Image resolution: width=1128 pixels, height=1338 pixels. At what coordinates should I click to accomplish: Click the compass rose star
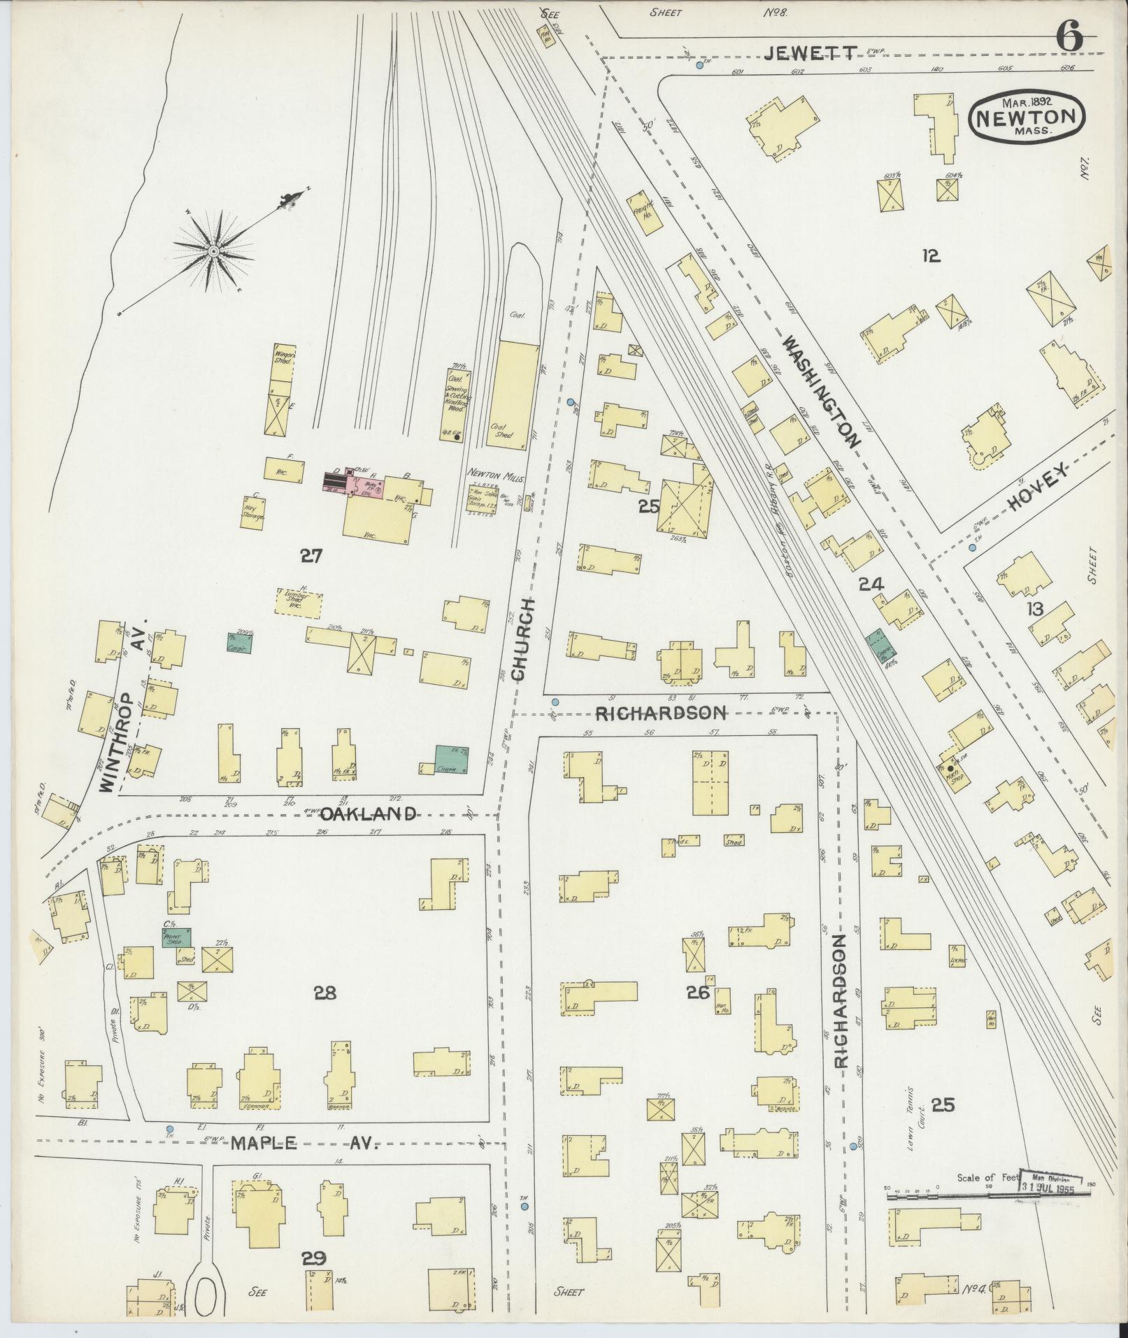pyautogui.click(x=212, y=250)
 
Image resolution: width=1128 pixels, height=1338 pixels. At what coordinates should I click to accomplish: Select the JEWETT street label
pyautogui.click(x=810, y=53)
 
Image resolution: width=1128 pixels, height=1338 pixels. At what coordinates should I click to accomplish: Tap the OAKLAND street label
pyautogui.click(x=369, y=814)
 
